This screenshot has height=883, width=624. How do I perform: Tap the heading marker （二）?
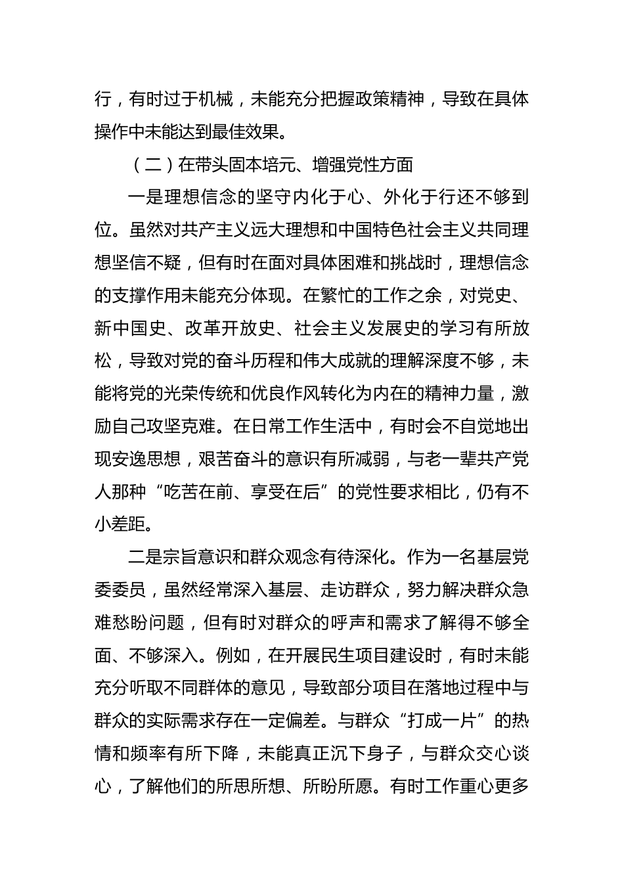pyautogui.click(x=148, y=165)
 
